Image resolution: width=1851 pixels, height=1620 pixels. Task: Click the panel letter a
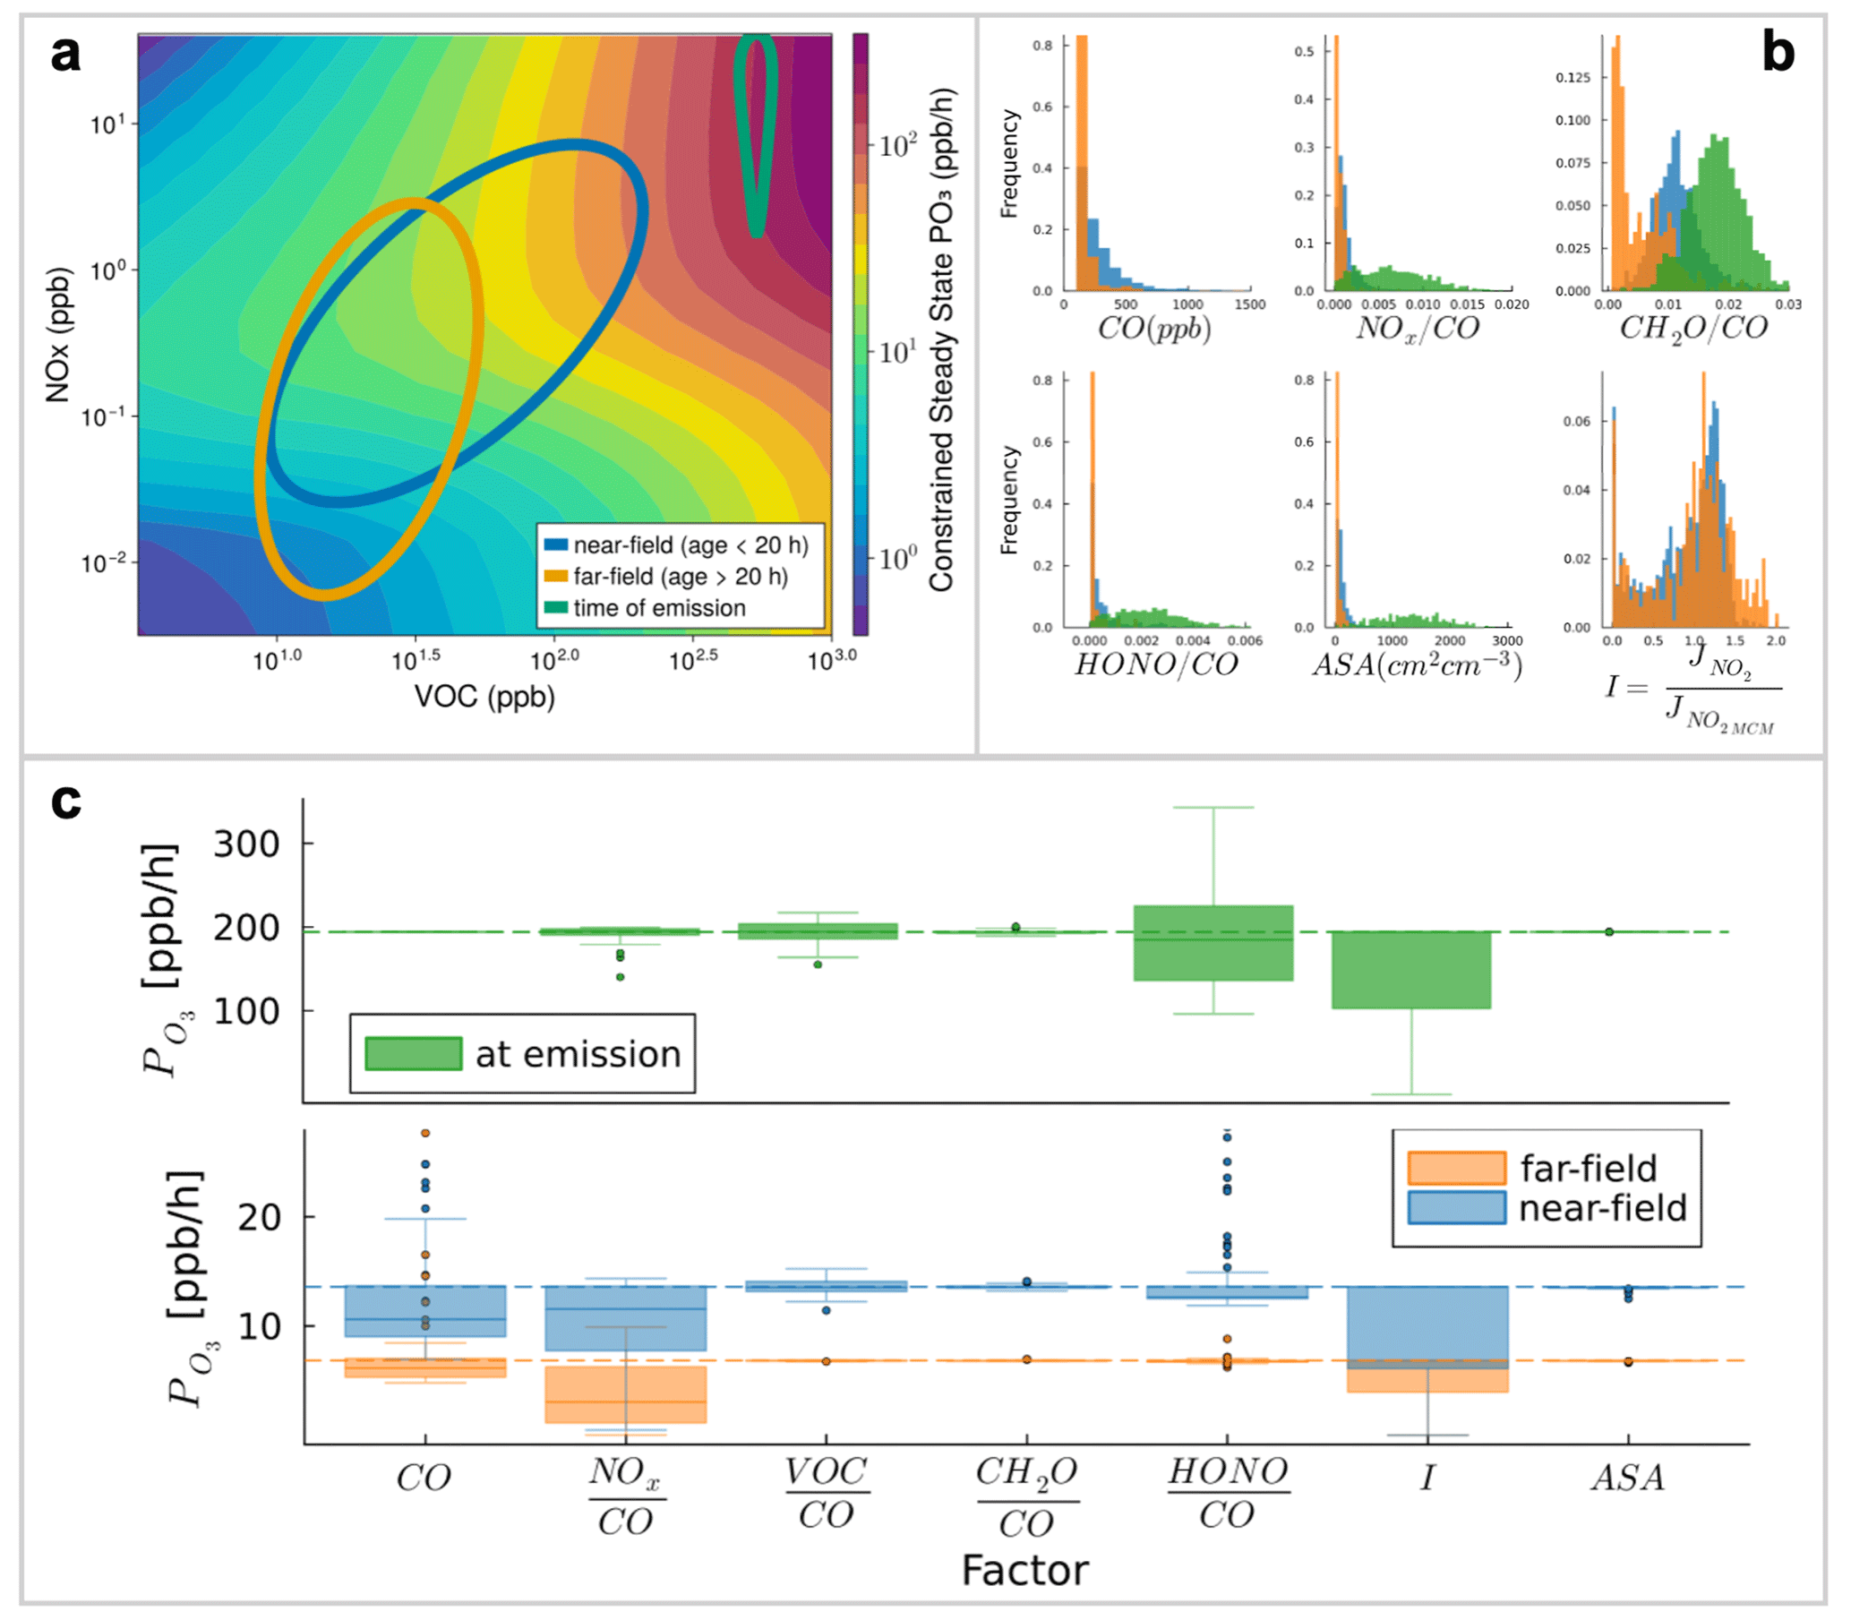tap(65, 56)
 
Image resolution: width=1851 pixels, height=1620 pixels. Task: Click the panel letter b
tap(1778, 54)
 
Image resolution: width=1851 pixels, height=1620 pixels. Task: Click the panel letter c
tap(66, 801)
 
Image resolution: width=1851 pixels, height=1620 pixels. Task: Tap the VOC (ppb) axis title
tap(484, 696)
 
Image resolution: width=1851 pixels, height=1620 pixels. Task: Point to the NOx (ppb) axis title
tap(58, 334)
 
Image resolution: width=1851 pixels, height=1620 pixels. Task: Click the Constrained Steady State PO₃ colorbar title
tap(941, 339)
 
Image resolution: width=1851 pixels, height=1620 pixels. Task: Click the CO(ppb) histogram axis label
tap(1154, 327)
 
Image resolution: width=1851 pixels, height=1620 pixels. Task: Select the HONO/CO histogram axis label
tap(1155, 664)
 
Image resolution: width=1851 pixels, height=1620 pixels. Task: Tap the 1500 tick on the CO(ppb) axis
tap(1250, 304)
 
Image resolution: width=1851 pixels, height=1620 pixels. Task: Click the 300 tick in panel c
tap(246, 844)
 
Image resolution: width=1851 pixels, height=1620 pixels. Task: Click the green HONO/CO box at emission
tap(1213, 944)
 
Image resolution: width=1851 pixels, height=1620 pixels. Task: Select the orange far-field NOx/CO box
tap(624, 1395)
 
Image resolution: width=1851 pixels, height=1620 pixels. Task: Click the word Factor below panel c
tap(1025, 1570)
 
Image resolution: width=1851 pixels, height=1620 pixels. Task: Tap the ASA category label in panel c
tap(1628, 1479)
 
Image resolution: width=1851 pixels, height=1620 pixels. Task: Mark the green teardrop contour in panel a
tap(755, 135)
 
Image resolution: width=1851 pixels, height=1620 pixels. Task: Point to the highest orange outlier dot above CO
tap(425, 1134)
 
